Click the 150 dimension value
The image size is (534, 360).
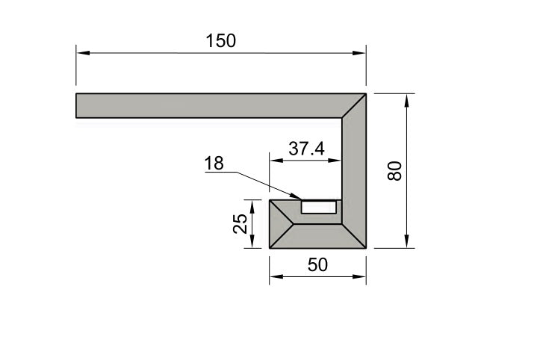(x=220, y=40)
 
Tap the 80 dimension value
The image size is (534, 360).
(x=394, y=171)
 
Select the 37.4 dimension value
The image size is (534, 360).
(x=306, y=149)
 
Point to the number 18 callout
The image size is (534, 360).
(x=214, y=163)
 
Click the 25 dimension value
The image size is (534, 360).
(x=240, y=223)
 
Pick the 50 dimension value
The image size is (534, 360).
(x=317, y=264)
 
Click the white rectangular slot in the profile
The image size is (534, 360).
(x=319, y=207)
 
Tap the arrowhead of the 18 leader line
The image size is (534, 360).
(x=295, y=196)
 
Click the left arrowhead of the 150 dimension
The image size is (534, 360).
(x=83, y=53)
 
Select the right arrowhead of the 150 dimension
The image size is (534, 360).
(x=359, y=53)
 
